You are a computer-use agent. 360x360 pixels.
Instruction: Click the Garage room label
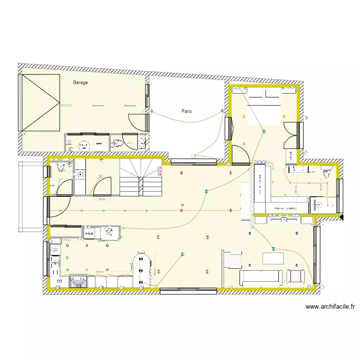pyautogui.click(x=80, y=83)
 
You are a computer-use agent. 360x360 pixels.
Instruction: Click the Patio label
pyautogui.click(x=187, y=111)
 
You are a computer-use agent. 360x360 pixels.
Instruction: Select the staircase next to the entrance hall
pyautogui.click(x=142, y=178)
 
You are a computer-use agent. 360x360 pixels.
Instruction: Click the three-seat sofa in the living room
pyautogui.click(x=261, y=277)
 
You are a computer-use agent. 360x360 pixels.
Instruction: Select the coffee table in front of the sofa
pyautogui.click(x=273, y=258)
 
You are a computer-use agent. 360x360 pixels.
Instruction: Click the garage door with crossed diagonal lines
pyautogui.click(x=41, y=103)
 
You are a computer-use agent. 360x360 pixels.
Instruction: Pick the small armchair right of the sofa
pyautogui.click(x=295, y=276)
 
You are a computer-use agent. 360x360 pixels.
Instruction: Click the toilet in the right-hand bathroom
pyautogui.click(x=327, y=171)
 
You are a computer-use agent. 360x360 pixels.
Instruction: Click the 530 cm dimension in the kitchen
pyautogui.click(x=100, y=272)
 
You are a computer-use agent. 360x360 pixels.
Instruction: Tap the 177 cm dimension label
pyautogui.click(x=66, y=240)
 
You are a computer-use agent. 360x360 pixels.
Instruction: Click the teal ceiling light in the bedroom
pyautogui.click(x=263, y=132)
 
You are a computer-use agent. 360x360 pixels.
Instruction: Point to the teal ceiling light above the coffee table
pyautogui.click(x=273, y=248)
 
